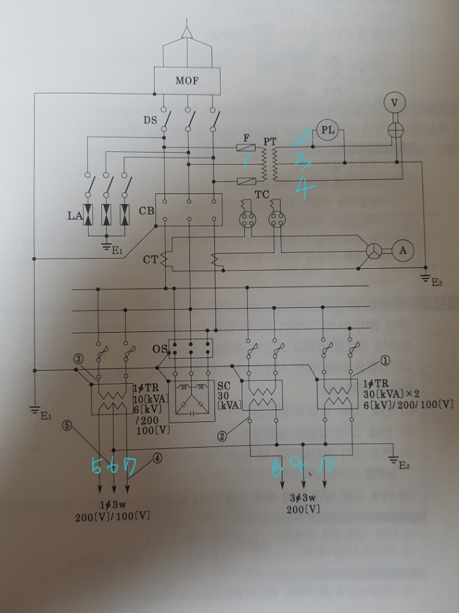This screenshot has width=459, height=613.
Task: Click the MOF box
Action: (x=188, y=80)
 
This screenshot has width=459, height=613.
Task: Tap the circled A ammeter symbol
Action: (x=402, y=251)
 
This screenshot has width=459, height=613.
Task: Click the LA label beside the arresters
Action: (x=74, y=216)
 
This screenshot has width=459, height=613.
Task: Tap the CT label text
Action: (x=150, y=260)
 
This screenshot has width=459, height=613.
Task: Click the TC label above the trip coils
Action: (x=261, y=192)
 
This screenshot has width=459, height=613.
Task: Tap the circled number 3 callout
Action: (x=78, y=359)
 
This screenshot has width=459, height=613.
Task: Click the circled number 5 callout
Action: (x=66, y=424)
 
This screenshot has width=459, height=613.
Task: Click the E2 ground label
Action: (x=404, y=465)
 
